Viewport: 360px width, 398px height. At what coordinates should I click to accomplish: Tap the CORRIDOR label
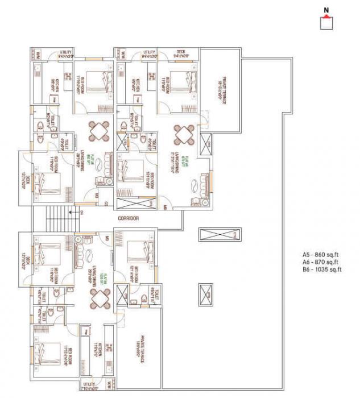[129, 218]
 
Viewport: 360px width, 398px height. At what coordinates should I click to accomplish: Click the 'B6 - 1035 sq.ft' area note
[323, 270]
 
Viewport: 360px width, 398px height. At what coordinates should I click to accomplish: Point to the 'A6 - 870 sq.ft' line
[322, 262]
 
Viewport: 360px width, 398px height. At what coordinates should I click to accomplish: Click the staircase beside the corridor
[56, 218]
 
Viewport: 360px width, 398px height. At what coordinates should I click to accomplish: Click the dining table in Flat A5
[100, 132]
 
